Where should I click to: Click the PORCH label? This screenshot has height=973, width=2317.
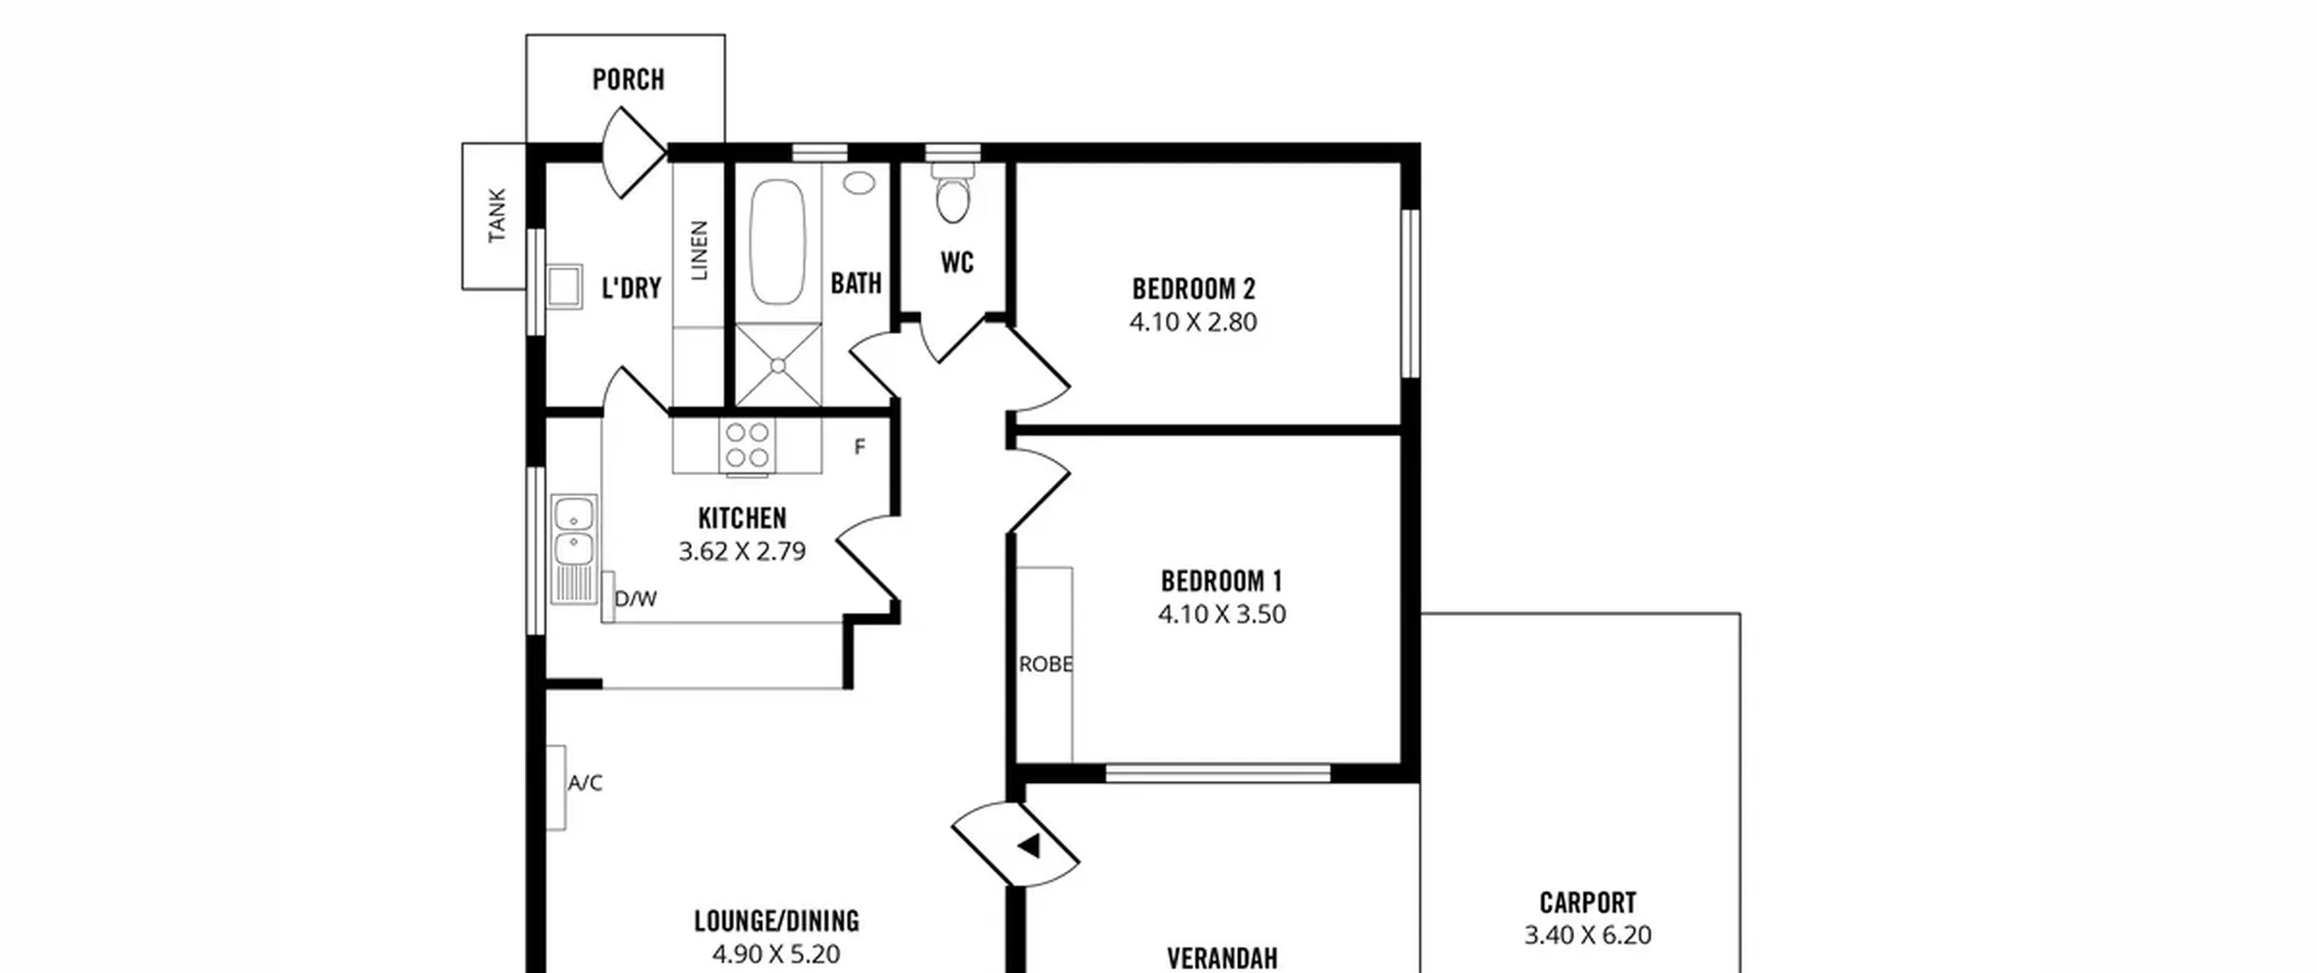[x=628, y=80]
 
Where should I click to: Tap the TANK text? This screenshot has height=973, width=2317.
[x=497, y=215]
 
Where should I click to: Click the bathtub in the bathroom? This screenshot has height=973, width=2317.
[x=777, y=243]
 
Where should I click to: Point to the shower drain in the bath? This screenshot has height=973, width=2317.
[x=778, y=366]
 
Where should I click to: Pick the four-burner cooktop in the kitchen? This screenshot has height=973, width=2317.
[x=748, y=446]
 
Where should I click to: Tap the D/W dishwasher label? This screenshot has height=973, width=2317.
[x=635, y=599]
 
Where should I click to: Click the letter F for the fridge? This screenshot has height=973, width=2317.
[x=860, y=446]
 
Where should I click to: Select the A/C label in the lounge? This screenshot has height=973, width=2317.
[x=585, y=783]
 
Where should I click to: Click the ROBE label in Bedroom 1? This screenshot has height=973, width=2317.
[x=1045, y=664]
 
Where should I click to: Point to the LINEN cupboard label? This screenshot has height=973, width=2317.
[x=700, y=251]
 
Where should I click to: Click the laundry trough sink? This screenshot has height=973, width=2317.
[x=565, y=286]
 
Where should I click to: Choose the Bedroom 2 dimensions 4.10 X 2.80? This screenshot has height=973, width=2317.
[x=1193, y=322]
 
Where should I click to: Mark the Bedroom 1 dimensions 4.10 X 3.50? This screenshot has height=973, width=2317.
[x=1222, y=615]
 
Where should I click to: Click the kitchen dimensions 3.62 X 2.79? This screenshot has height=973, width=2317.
[x=742, y=551]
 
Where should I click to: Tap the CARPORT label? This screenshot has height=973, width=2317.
[x=1588, y=902]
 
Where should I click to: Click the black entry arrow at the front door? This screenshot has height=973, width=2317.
[x=1029, y=847]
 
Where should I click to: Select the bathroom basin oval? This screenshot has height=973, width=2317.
[x=859, y=183]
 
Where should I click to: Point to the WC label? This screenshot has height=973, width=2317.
[x=957, y=262]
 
